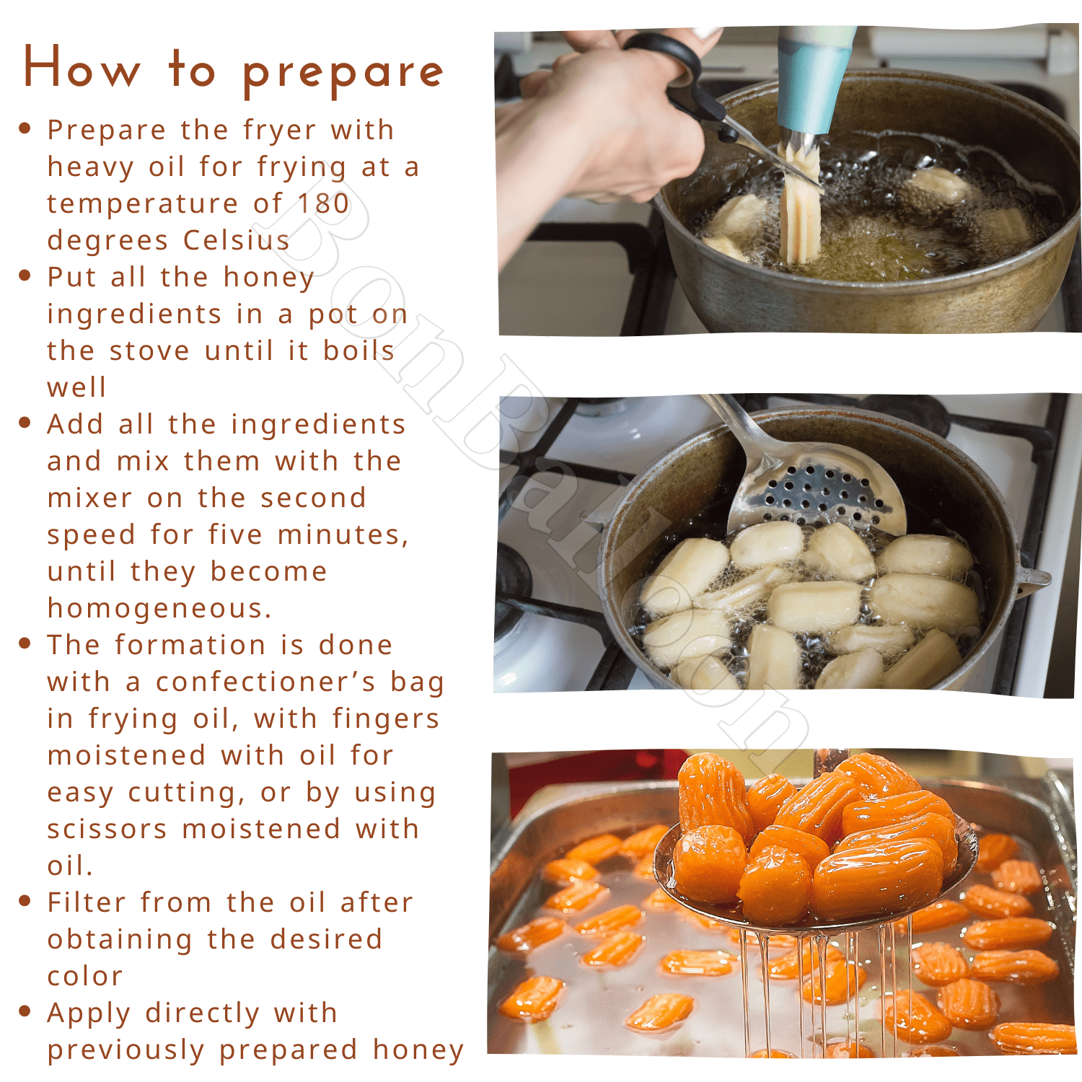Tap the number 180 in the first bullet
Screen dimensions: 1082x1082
coord(324,203)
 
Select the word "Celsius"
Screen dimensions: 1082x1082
coord(236,239)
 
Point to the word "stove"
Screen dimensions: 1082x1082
coord(150,351)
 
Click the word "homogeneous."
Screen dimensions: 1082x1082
coord(159,608)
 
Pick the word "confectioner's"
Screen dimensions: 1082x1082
coord(266,682)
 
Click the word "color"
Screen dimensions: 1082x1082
coord(85,976)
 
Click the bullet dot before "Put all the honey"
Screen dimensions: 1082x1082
coord(25,276)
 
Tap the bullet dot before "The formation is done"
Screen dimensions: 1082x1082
coord(25,643)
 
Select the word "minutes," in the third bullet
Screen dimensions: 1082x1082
coord(343,535)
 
